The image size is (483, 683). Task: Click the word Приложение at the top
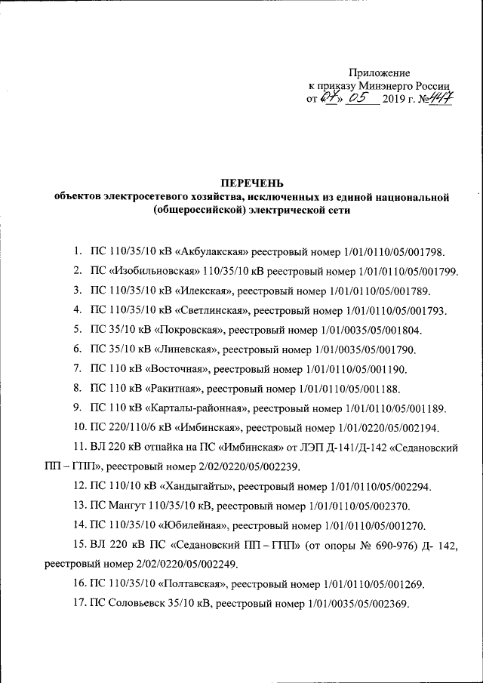coord(380,73)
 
